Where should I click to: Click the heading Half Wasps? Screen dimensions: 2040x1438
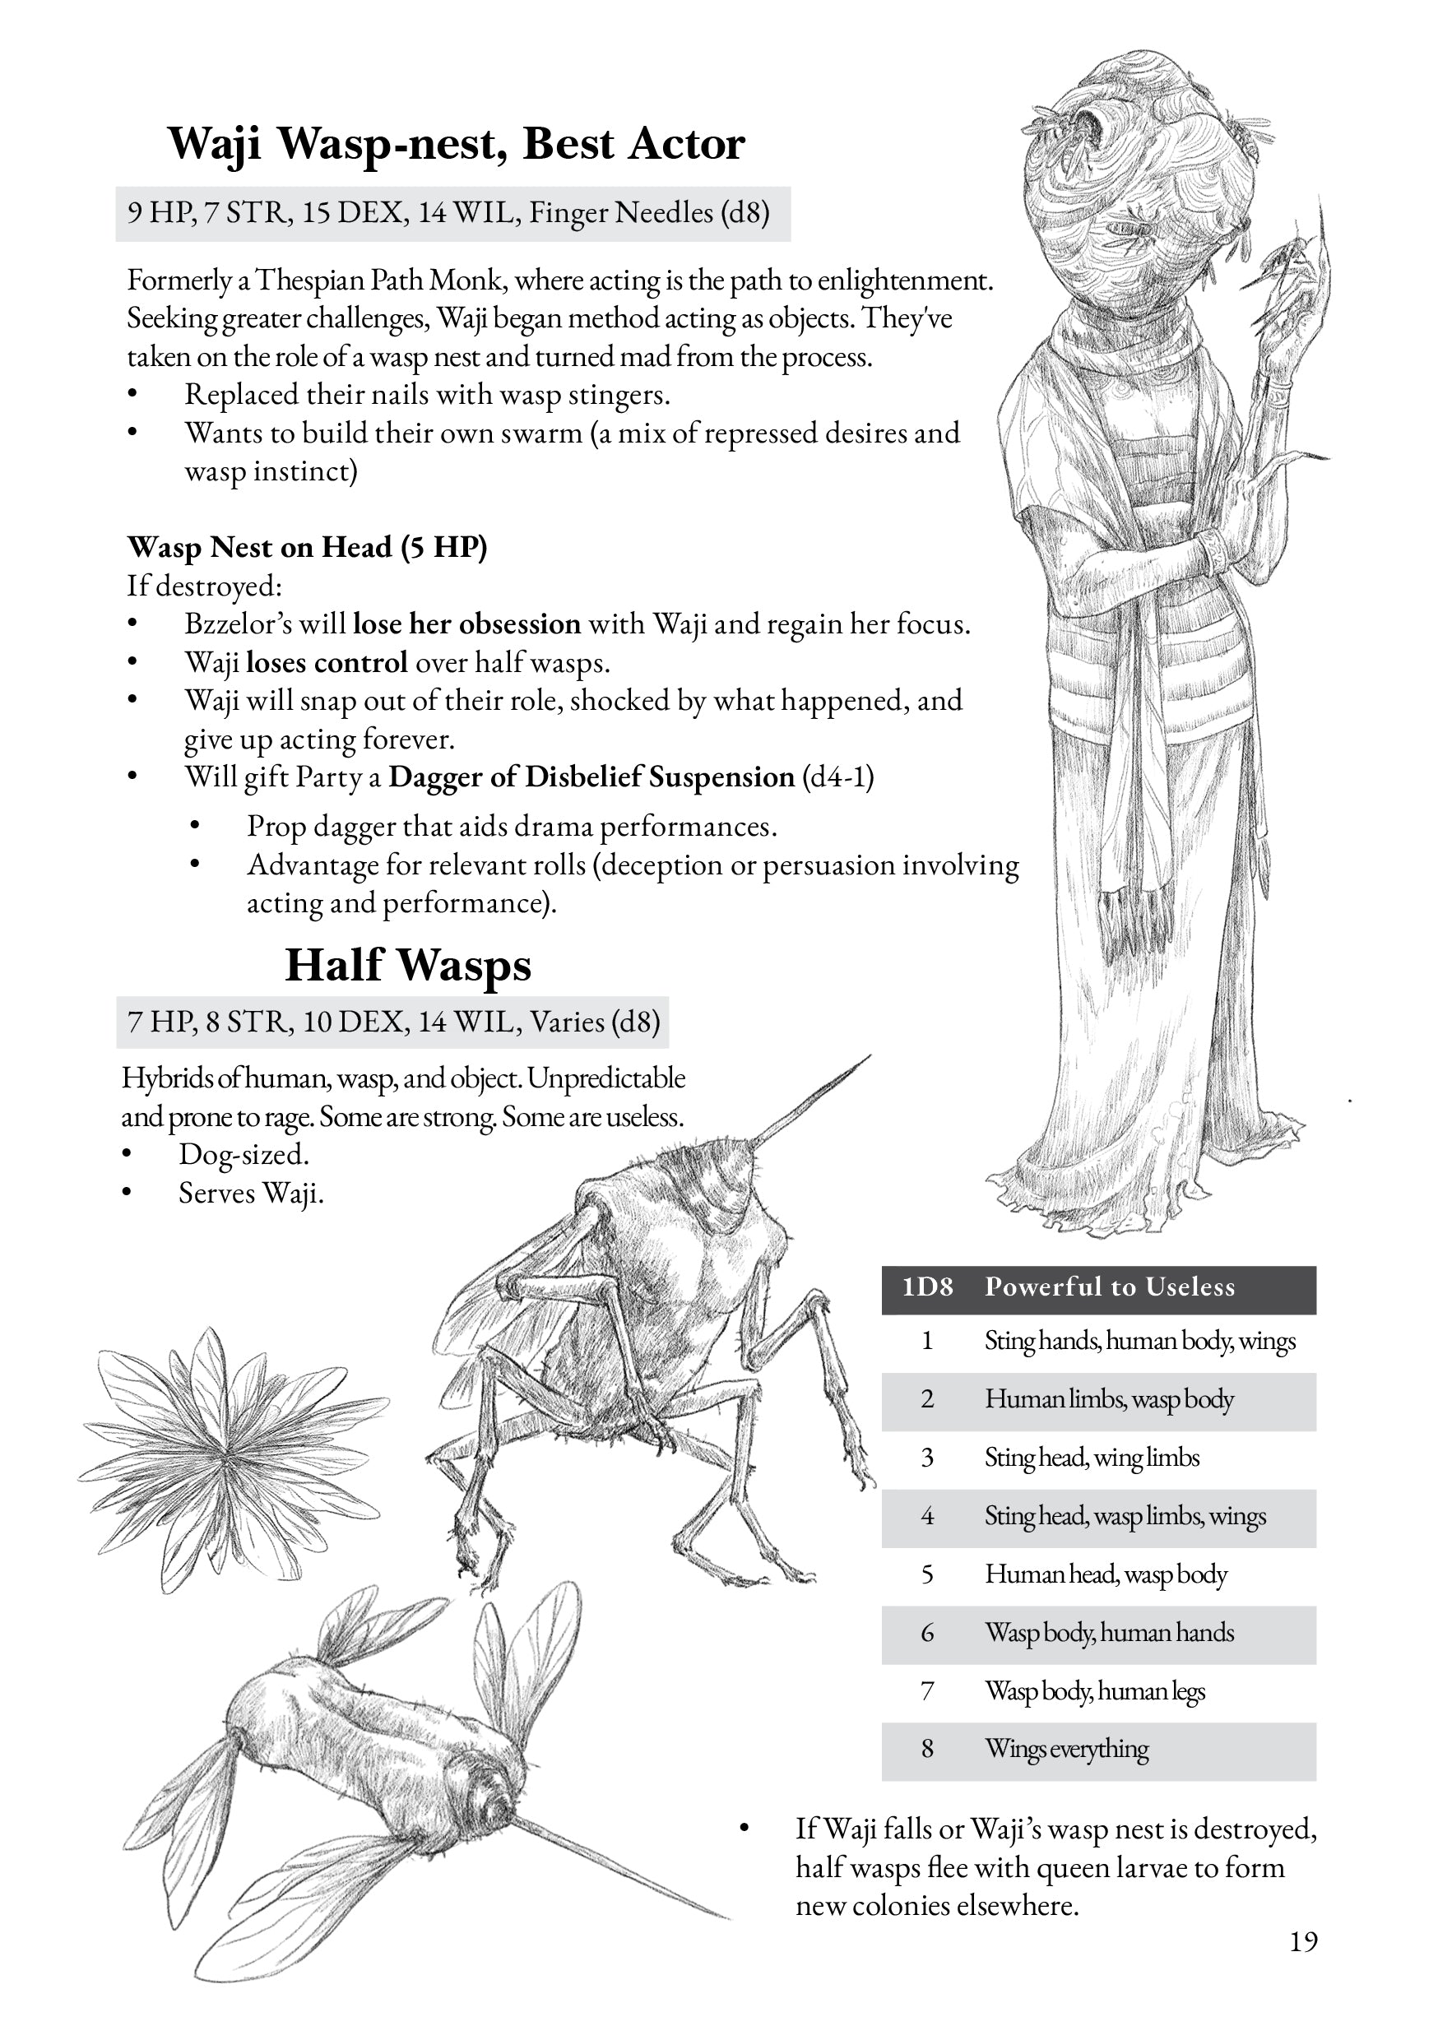(x=408, y=965)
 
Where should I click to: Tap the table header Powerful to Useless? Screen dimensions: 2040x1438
(x=1109, y=1287)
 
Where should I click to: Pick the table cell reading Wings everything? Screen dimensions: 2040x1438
(x=1066, y=1749)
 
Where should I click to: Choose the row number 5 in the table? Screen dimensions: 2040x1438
(x=927, y=1574)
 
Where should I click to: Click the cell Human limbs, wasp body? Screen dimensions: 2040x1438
(x=1109, y=1399)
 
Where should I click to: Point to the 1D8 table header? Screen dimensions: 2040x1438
(x=927, y=1287)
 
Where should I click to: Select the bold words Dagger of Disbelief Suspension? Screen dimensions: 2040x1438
(x=591, y=777)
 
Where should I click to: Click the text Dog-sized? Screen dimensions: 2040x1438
(x=244, y=1154)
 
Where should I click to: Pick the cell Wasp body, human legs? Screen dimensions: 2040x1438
(x=1094, y=1691)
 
